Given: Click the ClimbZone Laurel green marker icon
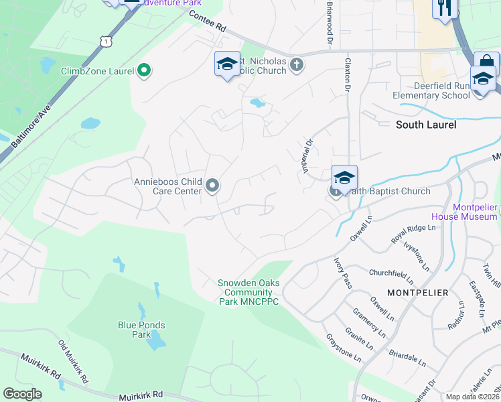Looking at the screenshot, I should pos(143,70).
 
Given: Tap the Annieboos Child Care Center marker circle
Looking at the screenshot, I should pos(213,186).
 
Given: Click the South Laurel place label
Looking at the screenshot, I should pos(426,125).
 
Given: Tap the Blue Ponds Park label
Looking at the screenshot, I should pos(141,330).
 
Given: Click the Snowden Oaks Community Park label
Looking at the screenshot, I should pos(248,292).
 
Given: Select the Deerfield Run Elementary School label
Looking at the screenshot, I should pos(432,90).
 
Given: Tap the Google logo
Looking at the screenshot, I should pos(23,394).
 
